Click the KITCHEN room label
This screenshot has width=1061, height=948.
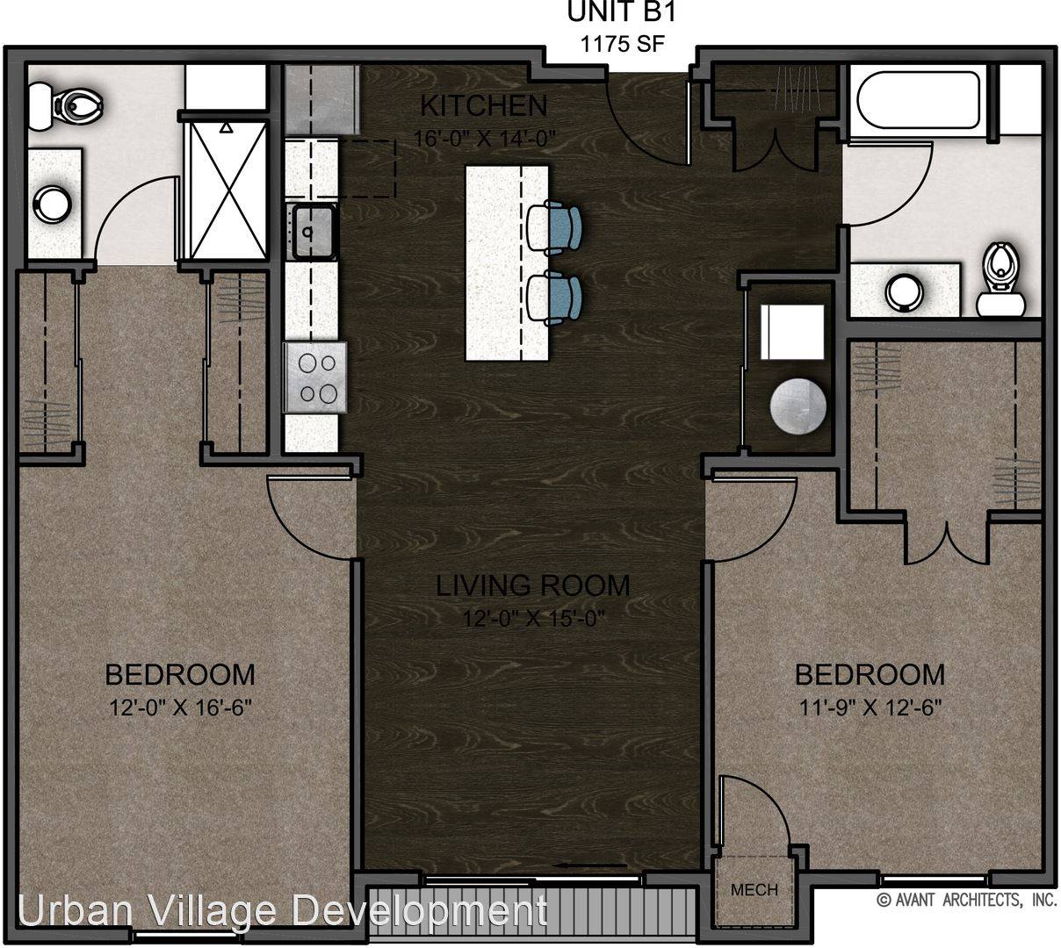click(483, 105)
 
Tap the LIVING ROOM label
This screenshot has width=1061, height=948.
click(532, 585)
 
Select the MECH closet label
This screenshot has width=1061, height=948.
click(754, 889)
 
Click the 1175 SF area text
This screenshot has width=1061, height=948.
click(622, 43)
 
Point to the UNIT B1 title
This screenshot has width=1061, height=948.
click(622, 12)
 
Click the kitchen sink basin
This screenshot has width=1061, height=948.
click(314, 232)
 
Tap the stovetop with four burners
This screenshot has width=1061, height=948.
click(314, 377)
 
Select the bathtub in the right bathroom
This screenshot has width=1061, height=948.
click(918, 99)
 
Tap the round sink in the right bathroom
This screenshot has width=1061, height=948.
click(905, 292)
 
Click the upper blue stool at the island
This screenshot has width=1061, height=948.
click(554, 227)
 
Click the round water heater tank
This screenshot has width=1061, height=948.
click(798, 406)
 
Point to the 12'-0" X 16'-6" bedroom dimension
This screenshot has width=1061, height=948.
click(181, 708)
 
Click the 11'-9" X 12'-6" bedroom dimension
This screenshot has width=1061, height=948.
click(870, 708)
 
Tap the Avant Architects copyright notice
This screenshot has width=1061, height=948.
click(967, 901)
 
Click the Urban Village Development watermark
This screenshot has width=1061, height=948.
click(283, 911)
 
